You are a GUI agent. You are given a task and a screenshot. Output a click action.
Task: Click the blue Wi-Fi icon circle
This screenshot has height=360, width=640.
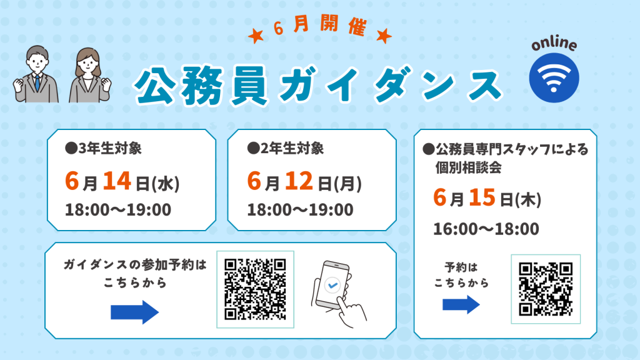coord(554,77)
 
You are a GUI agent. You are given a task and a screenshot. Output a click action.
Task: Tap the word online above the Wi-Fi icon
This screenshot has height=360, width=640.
coord(554,44)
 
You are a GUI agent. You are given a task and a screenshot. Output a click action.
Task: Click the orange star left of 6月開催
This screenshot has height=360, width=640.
coord(256,36)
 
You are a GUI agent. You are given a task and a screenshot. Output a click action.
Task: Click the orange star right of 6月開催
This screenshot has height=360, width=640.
coord(384,36)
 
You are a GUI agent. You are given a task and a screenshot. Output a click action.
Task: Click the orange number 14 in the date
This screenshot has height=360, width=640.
coord(117,181)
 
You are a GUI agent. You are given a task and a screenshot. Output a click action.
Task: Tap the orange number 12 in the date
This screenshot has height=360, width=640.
coord(299,181)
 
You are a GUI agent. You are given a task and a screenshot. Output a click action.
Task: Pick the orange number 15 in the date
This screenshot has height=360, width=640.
coord(482,197)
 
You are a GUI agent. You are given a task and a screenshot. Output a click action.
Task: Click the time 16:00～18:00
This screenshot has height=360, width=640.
coord(486,229)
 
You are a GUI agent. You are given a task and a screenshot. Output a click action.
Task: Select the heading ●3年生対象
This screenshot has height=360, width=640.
coord(103,149)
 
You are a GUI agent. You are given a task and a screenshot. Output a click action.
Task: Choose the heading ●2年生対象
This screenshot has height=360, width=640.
coord(285,149)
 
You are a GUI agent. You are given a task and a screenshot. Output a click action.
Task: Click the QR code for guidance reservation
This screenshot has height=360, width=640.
coord(255,289)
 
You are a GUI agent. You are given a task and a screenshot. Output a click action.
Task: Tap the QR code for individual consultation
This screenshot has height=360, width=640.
coord(546,289)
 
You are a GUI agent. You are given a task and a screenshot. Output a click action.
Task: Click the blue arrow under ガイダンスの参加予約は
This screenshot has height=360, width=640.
coord(135,312)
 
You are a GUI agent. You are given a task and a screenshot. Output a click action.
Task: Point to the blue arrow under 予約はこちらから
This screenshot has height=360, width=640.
coord(461,304)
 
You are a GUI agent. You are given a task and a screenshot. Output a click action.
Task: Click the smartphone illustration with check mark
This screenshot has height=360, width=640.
coord(339,294)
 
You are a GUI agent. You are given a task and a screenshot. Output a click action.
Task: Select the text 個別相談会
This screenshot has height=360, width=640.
coord(468,167)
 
